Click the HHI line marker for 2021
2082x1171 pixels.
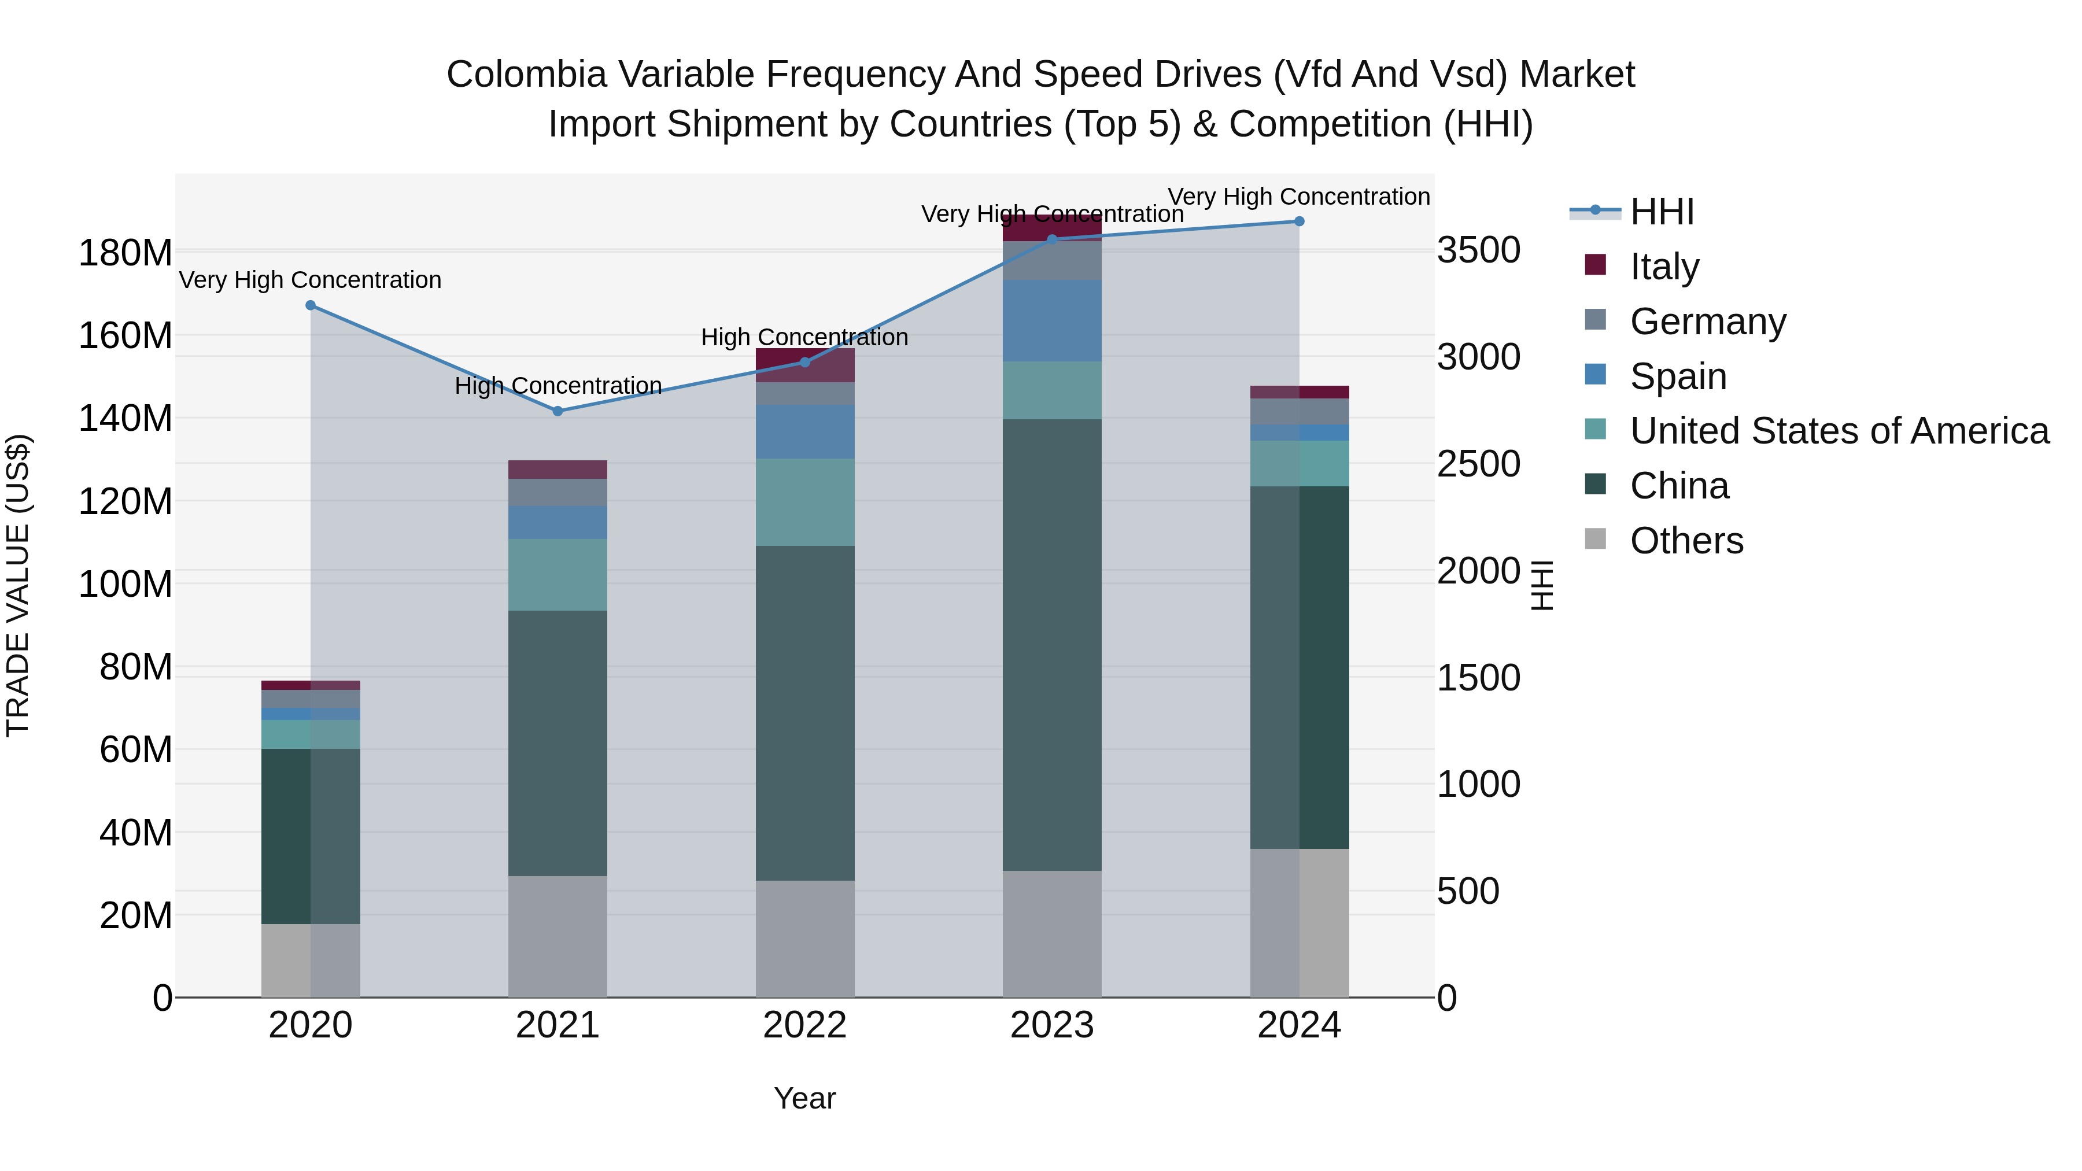point(558,411)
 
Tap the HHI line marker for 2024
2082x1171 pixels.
point(1299,221)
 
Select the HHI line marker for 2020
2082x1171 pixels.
point(311,305)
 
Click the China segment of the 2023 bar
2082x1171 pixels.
point(1051,644)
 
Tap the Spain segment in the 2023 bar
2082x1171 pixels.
point(1051,321)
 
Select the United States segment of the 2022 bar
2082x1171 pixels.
point(804,502)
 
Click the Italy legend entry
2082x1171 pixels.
point(1663,266)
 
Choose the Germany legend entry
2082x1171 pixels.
point(1707,321)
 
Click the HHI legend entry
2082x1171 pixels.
point(1661,212)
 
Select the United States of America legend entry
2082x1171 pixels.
point(1838,431)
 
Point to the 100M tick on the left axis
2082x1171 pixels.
point(125,583)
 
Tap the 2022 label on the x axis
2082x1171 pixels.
point(804,1025)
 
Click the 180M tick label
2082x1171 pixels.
point(125,253)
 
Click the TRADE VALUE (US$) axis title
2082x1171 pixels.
point(18,585)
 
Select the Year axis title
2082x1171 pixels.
point(804,1098)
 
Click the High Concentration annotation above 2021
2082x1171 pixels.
point(558,386)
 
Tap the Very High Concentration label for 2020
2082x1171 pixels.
point(311,280)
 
